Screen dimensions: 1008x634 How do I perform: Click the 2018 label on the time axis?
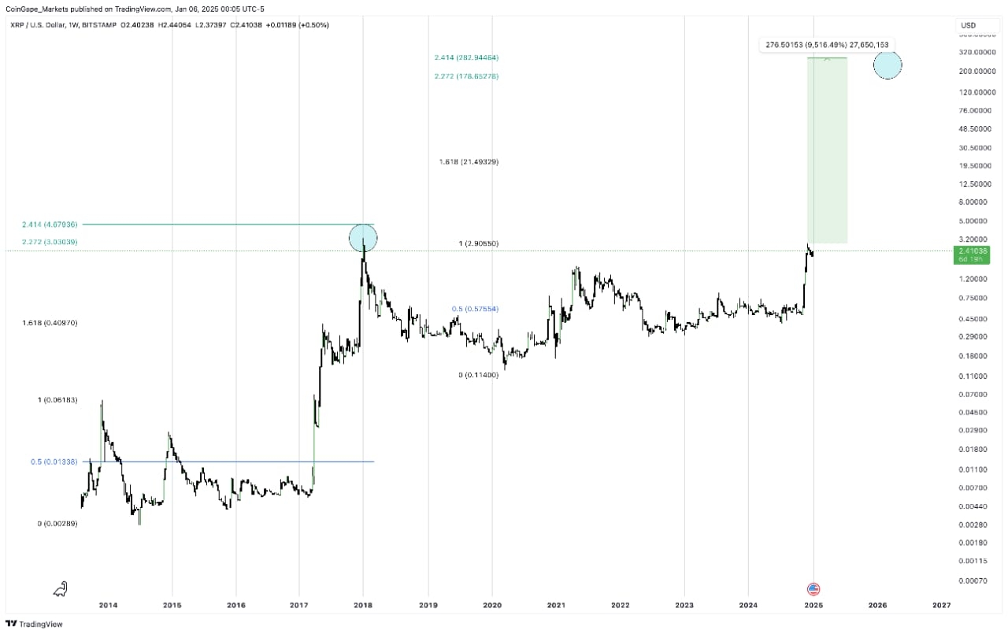point(363,605)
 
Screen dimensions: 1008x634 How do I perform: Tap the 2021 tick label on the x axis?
point(556,605)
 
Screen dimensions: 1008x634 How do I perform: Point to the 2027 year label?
point(941,605)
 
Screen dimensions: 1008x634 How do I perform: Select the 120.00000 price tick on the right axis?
point(977,92)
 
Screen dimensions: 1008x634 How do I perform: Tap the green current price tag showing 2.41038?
point(972,254)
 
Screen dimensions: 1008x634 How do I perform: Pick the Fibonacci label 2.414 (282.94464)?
point(466,57)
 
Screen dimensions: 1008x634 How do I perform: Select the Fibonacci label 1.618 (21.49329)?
point(469,161)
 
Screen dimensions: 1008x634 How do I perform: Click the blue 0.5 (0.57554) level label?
point(475,309)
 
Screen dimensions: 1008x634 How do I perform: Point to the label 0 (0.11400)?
point(478,375)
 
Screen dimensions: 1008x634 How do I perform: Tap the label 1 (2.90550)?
point(478,243)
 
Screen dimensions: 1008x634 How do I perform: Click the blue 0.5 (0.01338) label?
point(54,462)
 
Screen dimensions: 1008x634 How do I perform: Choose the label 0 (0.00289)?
point(57,524)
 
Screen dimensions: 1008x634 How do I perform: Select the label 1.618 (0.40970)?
point(50,323)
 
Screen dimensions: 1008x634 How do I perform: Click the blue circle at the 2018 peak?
point(363,238)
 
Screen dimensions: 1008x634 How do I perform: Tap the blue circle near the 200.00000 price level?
point(888,65)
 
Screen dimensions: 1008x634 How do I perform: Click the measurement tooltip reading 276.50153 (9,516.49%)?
point(827,45)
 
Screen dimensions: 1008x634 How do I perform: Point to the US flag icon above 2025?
point(813,589)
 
